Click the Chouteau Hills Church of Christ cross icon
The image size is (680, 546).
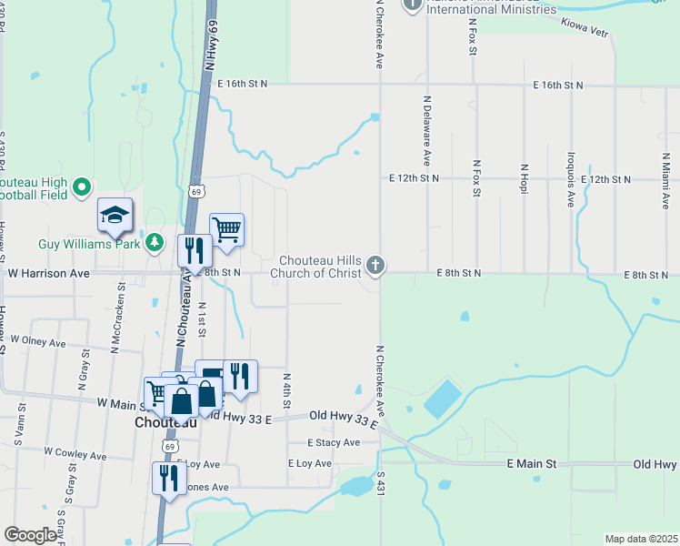376,266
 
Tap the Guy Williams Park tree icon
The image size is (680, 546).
155,243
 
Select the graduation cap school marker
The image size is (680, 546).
115,216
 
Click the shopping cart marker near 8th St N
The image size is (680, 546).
226,229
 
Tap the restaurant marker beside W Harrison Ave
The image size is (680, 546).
193,250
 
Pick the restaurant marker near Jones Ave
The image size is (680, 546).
168,478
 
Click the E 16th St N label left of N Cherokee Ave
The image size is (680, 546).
243,84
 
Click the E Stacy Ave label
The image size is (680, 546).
334,442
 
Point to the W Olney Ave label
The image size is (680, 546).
38,341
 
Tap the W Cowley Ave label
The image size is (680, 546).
75,451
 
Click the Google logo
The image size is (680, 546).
31,534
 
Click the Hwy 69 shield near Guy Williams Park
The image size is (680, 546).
196,191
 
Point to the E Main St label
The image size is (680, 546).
531,464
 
